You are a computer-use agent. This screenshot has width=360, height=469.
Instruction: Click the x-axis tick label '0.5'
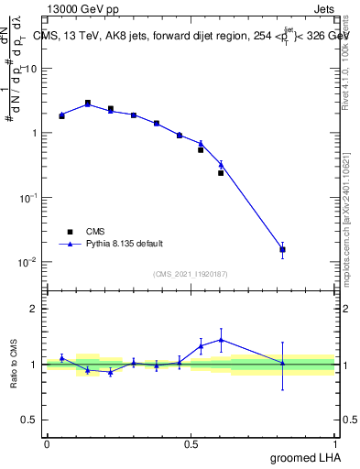click(191, 443)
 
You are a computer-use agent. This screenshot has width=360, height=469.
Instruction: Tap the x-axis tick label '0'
click(47, 443)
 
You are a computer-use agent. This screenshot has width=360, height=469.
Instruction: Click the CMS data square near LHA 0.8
click(283, 249)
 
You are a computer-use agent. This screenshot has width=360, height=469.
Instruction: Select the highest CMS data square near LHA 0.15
click(88, 103)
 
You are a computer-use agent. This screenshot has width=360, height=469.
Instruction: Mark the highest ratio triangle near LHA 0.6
click(221, 340)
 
